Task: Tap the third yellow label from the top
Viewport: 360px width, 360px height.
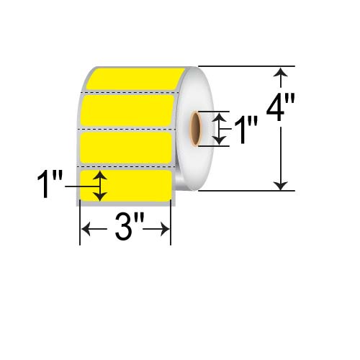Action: pos(125,146)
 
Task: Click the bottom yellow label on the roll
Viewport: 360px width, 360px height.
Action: pos(137,185)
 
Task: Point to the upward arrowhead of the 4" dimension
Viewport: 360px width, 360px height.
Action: pos(282,72)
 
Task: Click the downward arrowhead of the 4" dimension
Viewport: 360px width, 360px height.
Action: pos(282,185)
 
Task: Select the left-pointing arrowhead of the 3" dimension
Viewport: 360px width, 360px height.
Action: pos(84,230)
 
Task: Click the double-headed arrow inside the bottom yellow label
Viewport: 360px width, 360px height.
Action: pos(100,186)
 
